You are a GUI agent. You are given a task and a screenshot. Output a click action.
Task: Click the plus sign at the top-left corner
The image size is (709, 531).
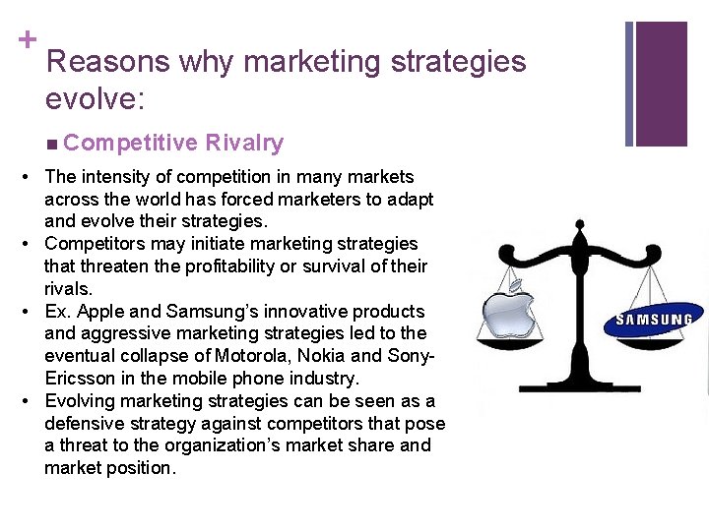[27, 39]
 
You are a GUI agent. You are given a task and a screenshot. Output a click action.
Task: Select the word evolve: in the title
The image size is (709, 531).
[90, 99]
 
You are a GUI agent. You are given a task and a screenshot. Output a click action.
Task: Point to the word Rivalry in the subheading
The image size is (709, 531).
[244, 144]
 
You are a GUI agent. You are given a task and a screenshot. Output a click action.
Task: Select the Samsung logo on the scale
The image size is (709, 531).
[654, 320]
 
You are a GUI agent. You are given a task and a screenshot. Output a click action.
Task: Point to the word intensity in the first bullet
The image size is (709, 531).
[117, 177]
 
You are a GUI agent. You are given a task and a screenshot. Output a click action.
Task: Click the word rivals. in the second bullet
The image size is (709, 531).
[68, 289]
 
